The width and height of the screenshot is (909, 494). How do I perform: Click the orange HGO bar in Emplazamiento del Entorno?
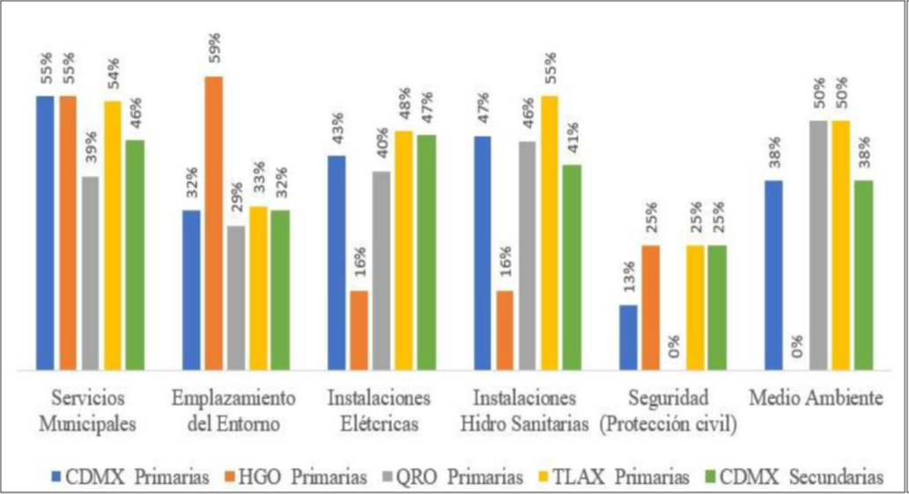[x=213, y=223]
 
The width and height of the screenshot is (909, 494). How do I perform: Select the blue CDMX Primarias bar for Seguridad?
[x=628, y=337]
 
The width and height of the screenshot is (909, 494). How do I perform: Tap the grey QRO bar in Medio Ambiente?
[x=818, y=245]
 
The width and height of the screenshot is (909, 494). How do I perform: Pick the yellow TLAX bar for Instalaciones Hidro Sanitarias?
[x=550, y=232]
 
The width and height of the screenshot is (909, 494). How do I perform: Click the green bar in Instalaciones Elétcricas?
[x=426, y=252]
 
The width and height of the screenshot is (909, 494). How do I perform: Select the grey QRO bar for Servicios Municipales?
[x=90, y=273]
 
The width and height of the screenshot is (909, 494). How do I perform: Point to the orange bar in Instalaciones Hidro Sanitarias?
[x=505, y=330]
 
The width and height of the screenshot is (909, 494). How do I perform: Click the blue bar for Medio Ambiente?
[x=774, y=275]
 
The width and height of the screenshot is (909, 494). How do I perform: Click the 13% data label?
[x=628, y=283]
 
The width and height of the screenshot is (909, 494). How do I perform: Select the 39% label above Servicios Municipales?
[x=91, y=154]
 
